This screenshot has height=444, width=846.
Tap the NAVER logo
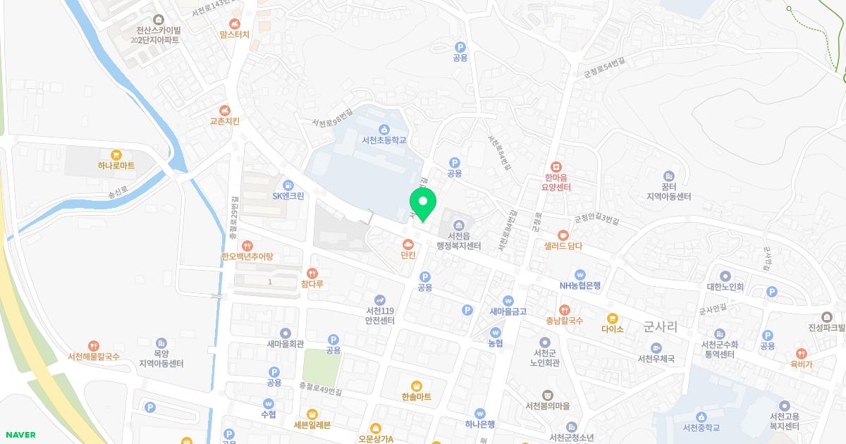pyautogui.click(x=20, y=435)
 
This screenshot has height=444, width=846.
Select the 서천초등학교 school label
pyautogui.click(x=384, y=140)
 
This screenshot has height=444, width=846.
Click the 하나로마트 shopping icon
pyautogui.click(x=116, y=154)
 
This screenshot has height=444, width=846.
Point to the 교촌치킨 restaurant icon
pyautogui.click(x=224, y=110)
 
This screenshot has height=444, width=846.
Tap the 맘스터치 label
pyautogui.click(x=234, y=34)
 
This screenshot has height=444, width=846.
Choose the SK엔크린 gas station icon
pyautogui.click(x=288, y=185)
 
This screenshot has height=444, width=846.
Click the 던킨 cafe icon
pyautogui.click(x=407, y=244)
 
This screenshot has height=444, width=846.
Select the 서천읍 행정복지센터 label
pyautogui.click(x=458, y=241)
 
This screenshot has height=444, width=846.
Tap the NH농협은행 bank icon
pyautogui.click(x=580, y=274)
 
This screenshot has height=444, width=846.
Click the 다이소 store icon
pyautogui.click(x=612, y=318)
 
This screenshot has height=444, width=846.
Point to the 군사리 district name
pyautogui.click(x=661, y=326)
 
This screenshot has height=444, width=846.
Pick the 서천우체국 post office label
pyautogui.click(x=656, y=359)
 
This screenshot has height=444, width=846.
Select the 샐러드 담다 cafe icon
pyautogui.click(x=563, y=235)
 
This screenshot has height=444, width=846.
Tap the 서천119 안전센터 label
pyautogui.click(x=380, y=315)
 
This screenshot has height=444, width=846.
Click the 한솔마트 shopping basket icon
pyautogui.click(x=417, y=386)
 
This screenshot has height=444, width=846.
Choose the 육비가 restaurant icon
pyautogui.click(x=800, y=353)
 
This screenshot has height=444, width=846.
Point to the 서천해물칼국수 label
pyautogui.click(x=94, y=357)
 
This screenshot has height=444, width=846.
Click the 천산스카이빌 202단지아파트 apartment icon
pyautogui.click(x=158, y=19)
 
